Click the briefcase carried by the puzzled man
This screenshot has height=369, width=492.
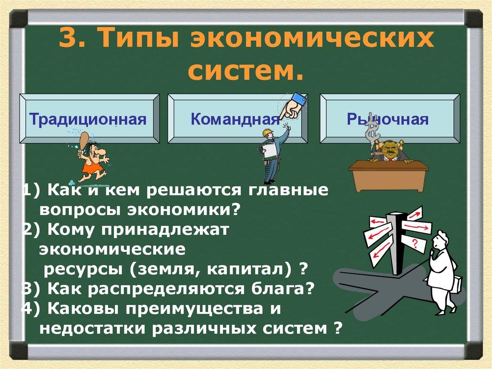click(455, 284)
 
